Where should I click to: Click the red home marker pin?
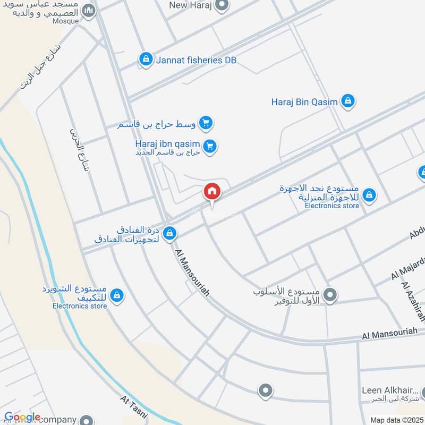coord(211,191)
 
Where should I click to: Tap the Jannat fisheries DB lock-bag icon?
coord(144,60)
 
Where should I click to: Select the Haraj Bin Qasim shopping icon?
coord(348,100)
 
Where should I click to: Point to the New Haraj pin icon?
coord(222,6)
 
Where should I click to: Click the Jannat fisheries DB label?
coord(196,60)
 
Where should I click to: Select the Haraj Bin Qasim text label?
coord(304,101)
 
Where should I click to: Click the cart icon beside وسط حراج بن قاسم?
coord(207,124)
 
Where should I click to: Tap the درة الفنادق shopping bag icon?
coord(170,233)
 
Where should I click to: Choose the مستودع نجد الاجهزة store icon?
coord(369,196)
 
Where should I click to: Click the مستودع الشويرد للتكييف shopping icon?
coord(117,295)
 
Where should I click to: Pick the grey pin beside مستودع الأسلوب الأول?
coord(330,294)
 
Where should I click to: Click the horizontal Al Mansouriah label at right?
coord(389,333)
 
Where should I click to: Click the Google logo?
coord(22,418)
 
